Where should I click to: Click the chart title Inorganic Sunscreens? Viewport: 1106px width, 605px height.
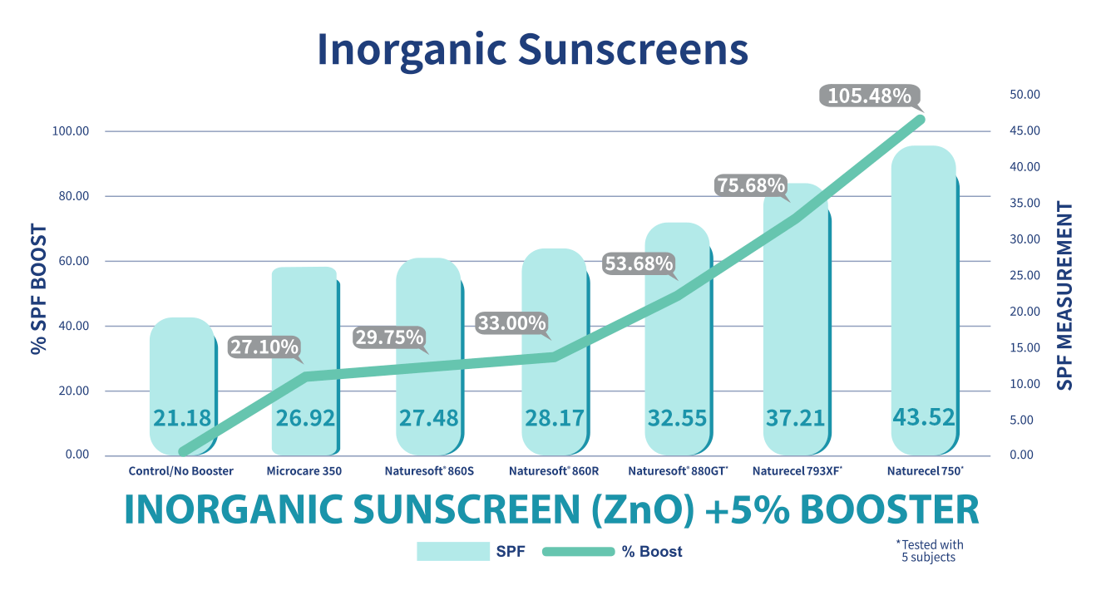pos(532,50)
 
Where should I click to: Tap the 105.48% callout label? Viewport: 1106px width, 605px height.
pos(869,96)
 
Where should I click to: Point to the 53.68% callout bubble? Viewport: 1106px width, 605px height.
pos(638,264)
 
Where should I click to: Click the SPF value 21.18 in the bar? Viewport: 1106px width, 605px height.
pos(181,418)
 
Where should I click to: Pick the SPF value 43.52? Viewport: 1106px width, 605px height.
pos(923,417)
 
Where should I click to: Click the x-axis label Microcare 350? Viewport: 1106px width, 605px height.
pos(304,471)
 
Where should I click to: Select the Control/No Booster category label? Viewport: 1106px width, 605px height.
pos(181,471)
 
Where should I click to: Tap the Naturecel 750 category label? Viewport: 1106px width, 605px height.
pos(925,471)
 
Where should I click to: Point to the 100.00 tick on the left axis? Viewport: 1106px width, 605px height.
pos(74,131)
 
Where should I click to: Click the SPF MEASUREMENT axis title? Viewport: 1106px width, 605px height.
pos(1065,296)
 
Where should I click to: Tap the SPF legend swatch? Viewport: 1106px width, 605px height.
pos(452,552)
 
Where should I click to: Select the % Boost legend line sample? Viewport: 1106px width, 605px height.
pos(578,552)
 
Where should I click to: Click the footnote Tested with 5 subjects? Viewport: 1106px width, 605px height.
pos(929,551)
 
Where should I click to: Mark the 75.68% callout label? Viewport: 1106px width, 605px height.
pos(751,186)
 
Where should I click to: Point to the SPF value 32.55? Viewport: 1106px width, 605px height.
pos(676,418)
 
